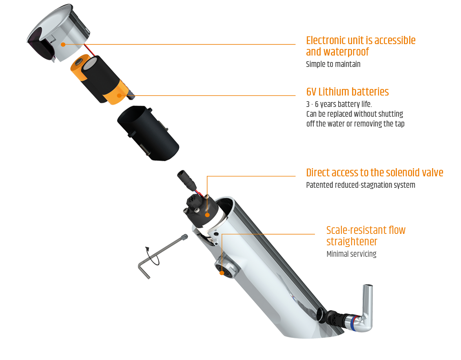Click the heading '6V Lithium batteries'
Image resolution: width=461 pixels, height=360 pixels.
347,92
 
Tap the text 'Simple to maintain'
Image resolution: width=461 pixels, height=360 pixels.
333,64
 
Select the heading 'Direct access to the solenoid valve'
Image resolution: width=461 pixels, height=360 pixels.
375,173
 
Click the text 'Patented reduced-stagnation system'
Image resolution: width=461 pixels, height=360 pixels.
361,185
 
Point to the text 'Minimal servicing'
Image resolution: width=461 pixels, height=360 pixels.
351,254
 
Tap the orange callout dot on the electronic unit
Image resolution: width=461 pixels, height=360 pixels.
63,44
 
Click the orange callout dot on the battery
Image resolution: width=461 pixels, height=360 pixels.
119,96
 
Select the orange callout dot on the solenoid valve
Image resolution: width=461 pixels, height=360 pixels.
207,215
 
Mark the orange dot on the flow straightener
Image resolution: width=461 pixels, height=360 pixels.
222,273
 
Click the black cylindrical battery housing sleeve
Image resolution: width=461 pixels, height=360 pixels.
148,133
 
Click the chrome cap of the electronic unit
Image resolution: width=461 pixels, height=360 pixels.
59,32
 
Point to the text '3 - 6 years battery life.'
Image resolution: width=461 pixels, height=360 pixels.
339,104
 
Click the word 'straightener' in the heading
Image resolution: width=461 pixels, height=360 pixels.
352,242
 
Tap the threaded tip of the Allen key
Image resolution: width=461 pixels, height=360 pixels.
185,237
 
